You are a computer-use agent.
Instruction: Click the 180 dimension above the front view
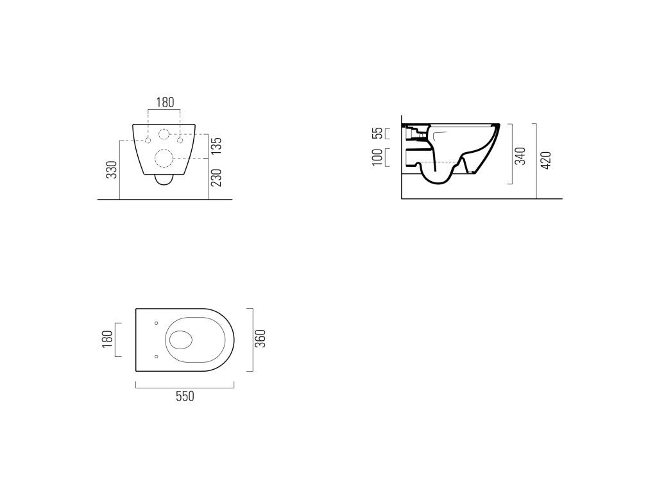pyautogui.click(x=165, y=102)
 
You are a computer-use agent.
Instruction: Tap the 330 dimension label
pyautogui.click(x=112, y=169)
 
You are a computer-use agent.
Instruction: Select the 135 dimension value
pyautogui.click(x=216, y=146)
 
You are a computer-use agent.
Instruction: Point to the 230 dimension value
pyautogui.click(x=216, y=178)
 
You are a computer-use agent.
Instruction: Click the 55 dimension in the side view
pyautogui.click(x=378, y=134)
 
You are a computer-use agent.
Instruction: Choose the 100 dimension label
pyautogui.click(x=377, y=157)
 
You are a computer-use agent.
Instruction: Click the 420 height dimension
pyautogui.click(x=546, y=160)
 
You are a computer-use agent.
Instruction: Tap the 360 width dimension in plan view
pyautogui.click(x=260, y=339)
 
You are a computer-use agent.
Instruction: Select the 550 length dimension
pyautogui.click(x=185, y=396)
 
